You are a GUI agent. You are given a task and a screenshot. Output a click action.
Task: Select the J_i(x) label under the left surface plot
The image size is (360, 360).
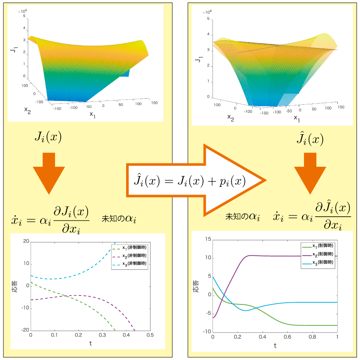(48, 137)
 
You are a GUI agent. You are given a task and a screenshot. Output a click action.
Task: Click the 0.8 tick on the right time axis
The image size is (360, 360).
(312, 337)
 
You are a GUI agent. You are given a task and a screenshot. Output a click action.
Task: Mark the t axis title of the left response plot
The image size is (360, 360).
(90, 344)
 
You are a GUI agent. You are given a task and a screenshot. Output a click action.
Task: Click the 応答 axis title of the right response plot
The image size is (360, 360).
(196, 286)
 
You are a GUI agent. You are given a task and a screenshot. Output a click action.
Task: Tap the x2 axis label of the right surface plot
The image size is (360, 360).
(230, 117)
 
